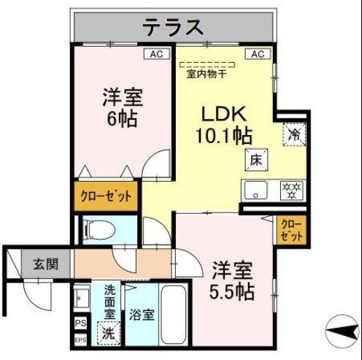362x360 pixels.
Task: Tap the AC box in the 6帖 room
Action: (x=157, y=54)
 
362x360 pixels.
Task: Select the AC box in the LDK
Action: (x=257, y=54)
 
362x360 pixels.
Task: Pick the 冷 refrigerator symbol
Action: (x=295, y=134)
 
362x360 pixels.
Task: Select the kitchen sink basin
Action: (x=256, y=192)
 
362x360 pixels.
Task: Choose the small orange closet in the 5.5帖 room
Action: (x=290, y=230)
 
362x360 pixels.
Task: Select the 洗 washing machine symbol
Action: (x=108, y=332)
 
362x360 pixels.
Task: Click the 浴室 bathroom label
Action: (x=142, y=315)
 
